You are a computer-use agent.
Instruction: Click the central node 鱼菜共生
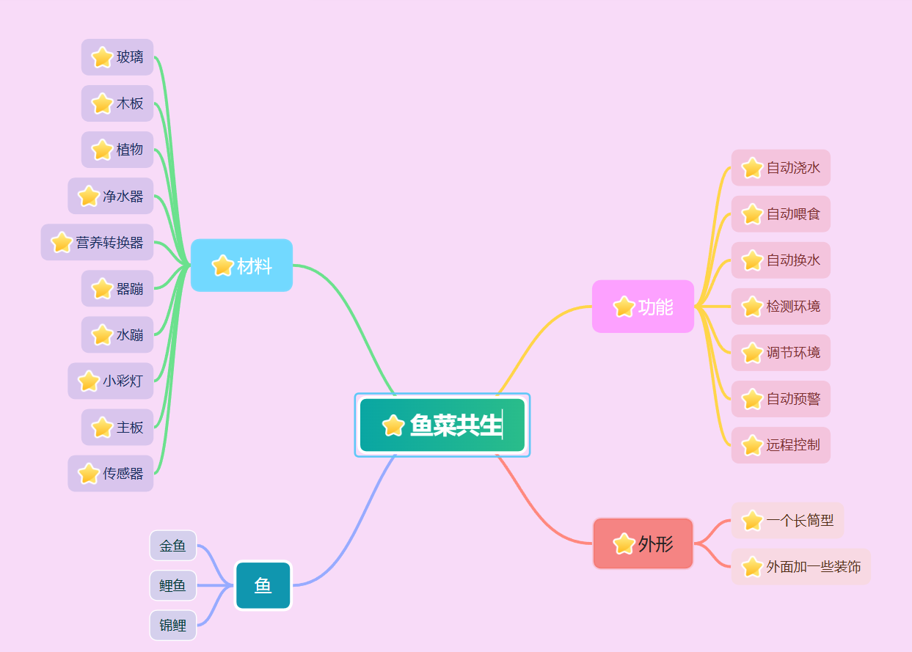442,425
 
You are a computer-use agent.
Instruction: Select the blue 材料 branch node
241,265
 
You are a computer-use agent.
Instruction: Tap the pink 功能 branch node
643,307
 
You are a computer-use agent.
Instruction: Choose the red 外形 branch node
643,543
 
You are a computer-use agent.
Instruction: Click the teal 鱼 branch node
263,585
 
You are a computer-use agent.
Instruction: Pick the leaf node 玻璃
117,57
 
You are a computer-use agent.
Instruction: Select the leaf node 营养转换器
97,242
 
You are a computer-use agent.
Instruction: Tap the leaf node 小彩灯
111,381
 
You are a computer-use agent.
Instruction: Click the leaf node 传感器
111,473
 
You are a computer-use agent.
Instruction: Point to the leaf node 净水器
111,196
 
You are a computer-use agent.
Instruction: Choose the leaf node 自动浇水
781,168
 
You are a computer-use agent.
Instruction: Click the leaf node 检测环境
781,307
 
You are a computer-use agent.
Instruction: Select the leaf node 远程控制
781,445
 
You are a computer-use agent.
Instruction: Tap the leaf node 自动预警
781,399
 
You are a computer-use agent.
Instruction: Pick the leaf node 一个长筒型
787,521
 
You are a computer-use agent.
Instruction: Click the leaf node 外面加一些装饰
800,567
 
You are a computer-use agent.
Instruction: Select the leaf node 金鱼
173,546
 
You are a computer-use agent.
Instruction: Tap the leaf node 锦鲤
173,626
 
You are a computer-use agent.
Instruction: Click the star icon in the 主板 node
102,428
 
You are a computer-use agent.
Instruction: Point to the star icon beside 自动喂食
752,214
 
